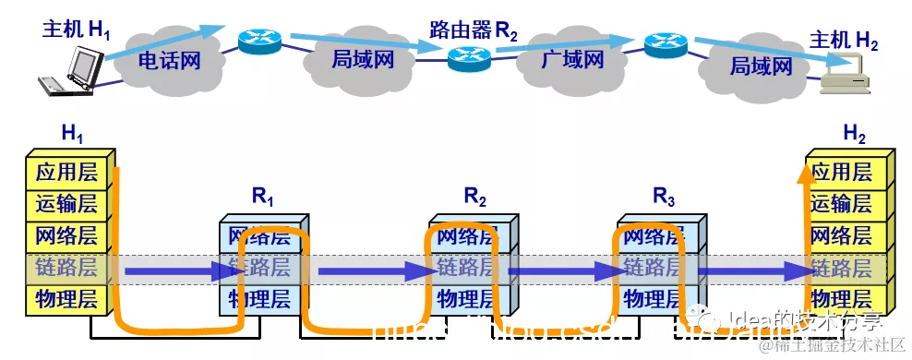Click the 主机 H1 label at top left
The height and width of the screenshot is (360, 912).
click(76, 29)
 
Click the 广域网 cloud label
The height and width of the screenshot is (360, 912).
click(572, 62)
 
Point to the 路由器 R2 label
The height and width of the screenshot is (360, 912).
click(474, 29)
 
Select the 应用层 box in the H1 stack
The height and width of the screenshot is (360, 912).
click(66, 172)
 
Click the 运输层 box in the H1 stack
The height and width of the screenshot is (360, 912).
click(66, 204)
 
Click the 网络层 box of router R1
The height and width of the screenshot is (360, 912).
click(258, 237)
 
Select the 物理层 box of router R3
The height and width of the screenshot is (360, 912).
click(654, 299)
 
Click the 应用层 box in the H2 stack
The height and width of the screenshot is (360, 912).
click(841, 172)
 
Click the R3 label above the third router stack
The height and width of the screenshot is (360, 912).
click(664, 196)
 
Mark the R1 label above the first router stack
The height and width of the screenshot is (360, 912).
click(263, 196)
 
